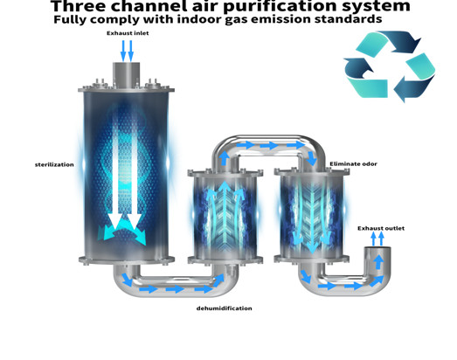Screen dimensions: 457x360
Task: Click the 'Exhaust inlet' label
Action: tap(128, 33)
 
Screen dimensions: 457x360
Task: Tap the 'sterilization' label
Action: tap(54, 164)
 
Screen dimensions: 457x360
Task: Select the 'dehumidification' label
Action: tap(224, 308)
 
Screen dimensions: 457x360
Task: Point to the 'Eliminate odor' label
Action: tap(353, 163)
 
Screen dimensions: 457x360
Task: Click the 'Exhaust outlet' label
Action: tap(381, 228)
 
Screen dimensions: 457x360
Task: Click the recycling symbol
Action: tap(390, 66)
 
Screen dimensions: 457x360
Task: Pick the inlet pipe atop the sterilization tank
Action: tap(126, 73)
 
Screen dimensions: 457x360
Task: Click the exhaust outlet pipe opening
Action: tap(377, 249)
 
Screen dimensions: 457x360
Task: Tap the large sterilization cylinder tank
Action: tap(126, 175)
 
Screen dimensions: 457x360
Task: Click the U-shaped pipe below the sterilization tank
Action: tap(176, 287)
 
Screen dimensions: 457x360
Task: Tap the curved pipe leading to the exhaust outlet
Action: tap(345, 287)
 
